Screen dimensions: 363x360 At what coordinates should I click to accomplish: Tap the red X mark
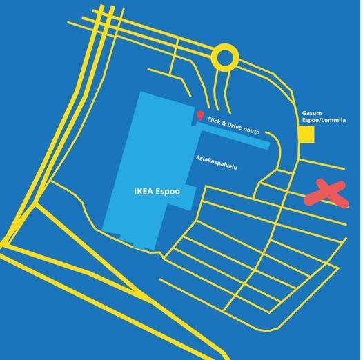pos(326,193)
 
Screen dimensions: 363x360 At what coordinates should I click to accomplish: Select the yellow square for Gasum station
pos(306,134)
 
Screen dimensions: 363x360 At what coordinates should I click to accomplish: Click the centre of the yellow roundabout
pos(225,58)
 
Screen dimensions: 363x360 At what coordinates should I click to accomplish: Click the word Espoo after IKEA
pos(168,192)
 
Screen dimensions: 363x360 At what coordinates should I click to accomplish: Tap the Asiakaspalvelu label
pos(217,163)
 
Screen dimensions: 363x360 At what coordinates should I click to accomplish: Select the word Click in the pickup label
pos(213,121)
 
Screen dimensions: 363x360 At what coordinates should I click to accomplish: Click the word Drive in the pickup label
pos(235,127)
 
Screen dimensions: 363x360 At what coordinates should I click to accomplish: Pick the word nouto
pos(252,131)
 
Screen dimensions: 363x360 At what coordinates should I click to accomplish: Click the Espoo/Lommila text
pos(324,120)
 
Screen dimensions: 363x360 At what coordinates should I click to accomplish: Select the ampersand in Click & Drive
pos(224,123)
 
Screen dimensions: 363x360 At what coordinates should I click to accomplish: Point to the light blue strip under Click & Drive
pos(233,136)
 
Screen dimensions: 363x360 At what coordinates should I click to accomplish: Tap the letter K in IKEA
pos(139,192)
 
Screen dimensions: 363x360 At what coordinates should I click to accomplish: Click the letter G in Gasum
pos(304,113)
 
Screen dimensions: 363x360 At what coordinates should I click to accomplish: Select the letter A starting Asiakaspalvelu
pos(198,158)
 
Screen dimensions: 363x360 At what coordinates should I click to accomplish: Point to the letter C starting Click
pos(209,119)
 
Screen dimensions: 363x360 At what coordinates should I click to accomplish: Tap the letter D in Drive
pos(230,125)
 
